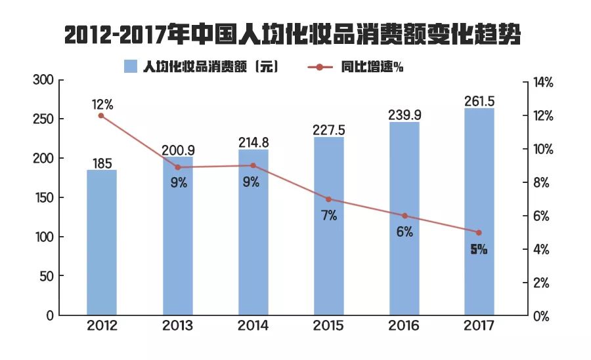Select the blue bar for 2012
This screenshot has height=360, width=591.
101,243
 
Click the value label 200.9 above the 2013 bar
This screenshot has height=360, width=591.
178,150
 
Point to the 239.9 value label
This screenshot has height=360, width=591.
405,115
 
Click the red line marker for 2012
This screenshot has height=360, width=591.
101,115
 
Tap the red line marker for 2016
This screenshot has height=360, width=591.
405,216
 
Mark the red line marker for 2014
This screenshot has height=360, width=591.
253,165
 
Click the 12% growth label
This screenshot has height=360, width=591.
102,104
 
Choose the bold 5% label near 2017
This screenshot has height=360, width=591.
479,250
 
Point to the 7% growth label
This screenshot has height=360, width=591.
329,215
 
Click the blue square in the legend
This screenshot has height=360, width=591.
131,67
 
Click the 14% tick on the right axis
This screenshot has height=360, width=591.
544,83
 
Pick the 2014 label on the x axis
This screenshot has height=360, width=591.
253,326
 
